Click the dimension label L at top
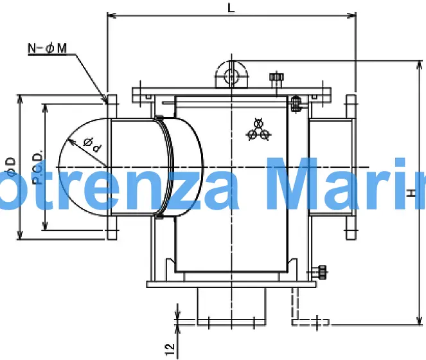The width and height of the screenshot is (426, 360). [x=231, y=7]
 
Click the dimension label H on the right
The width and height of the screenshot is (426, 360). [x=411, y=192]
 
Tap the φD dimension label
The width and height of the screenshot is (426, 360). [x=10, y=168]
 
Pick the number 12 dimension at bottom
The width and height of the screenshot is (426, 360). [x=170, y=349]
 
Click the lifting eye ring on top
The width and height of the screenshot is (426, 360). [x=231, y=75]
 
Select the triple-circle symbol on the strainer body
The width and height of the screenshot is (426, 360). [x=260, y=129]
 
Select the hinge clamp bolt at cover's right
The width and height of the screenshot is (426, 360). [x=296, y=104]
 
